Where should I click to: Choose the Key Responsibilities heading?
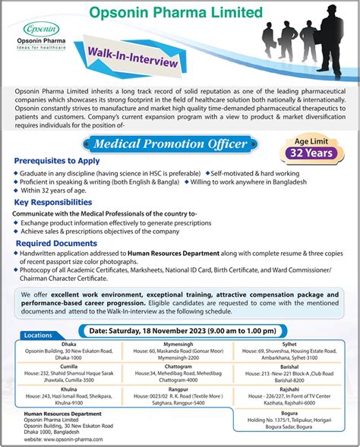pos(52,203)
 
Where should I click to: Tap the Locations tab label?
pos(38,335)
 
